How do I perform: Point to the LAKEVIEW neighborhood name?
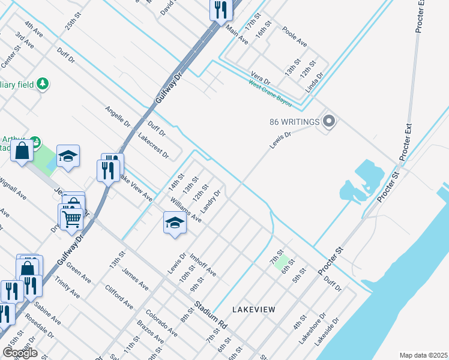click(x=254, y=310)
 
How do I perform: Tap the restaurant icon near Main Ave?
click(x=221, y=10)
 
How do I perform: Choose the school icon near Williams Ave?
click(x=175, y=223)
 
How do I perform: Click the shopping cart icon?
click(x=71, y=220)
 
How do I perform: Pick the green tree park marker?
click(x=42, y=83)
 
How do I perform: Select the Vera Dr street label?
click(x=261, y=79)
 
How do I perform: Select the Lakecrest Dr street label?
click(x=154, y=146)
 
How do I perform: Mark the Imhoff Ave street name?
click(x=203, y=265)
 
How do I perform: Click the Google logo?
click(x=20, y=353)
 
